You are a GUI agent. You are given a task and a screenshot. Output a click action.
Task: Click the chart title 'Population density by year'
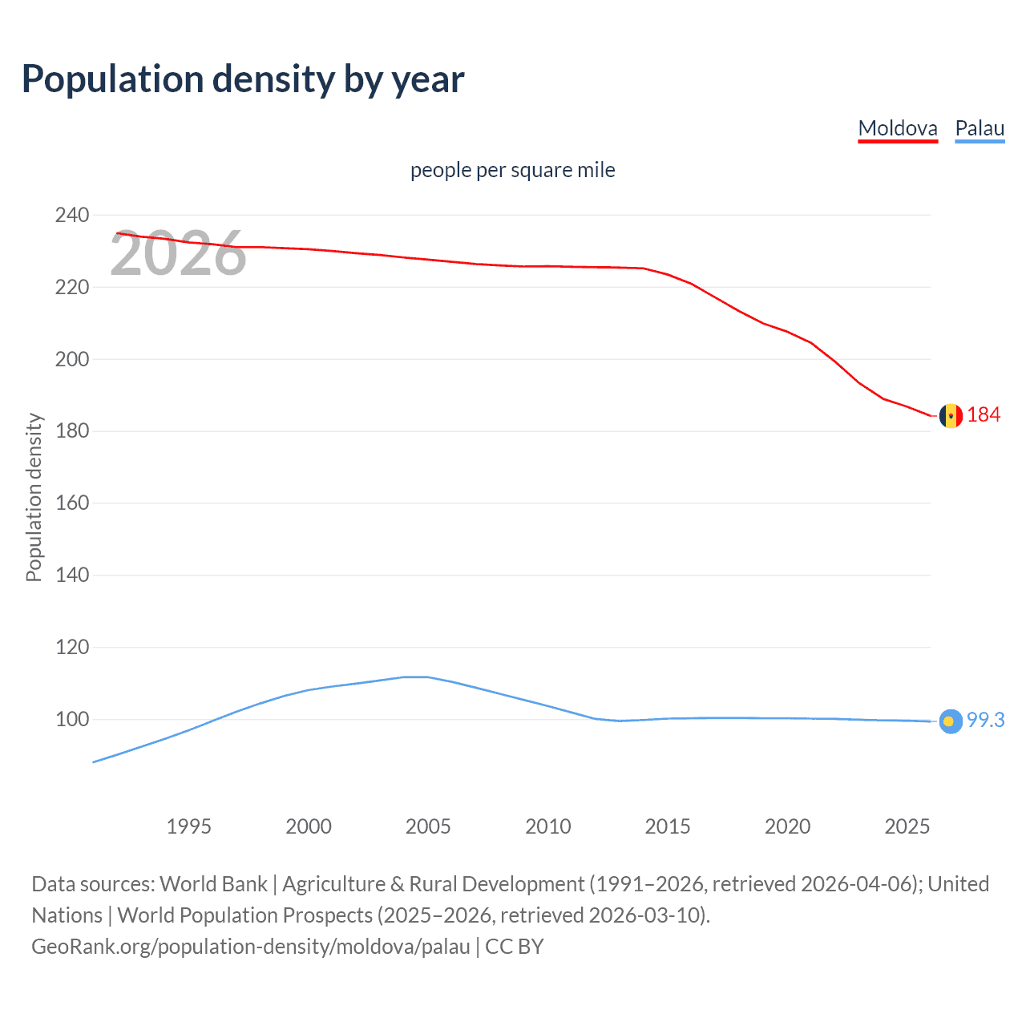[x=243, y=79]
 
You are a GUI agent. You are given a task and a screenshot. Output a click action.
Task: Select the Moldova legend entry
[x=897, y=128]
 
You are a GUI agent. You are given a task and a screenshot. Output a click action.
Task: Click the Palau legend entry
[x=980, y=128]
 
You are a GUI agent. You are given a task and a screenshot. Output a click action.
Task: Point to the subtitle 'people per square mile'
[x=512, y=170]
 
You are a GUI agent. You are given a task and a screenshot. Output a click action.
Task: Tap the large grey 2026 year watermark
[x=178, y=253]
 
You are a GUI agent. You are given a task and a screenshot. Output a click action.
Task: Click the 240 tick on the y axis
[x=72, y=215]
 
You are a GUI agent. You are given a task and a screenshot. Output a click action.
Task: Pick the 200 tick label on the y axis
[x=72, y=359]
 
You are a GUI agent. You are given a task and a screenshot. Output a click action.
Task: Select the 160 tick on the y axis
[x=72, y=503]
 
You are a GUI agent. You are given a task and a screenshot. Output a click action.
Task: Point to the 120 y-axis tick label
[x=72, y=647]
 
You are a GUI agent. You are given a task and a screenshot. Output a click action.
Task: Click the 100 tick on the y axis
[x=72, y=719]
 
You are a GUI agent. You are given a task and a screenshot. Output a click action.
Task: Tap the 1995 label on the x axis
[x=188, y=826]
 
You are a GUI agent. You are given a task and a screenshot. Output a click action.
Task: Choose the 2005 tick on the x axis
[x=428, y=826]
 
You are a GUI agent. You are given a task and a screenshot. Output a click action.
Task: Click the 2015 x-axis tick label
[x=668, y=826]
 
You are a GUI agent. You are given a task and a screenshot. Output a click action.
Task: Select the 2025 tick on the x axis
[x=907, y=826]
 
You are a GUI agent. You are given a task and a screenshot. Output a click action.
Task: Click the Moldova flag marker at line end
[x=951, y=416]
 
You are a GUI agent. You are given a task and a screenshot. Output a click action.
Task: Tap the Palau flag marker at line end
[x=950, y=721]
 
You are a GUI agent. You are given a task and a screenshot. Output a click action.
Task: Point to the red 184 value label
[x=984, y=414]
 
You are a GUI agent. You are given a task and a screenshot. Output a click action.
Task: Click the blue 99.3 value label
[x=985, y=720]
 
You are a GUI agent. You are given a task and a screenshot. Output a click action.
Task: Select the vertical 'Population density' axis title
[x=34, y=497]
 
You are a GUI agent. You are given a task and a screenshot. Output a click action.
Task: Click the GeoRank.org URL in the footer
[x=251, y=947]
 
